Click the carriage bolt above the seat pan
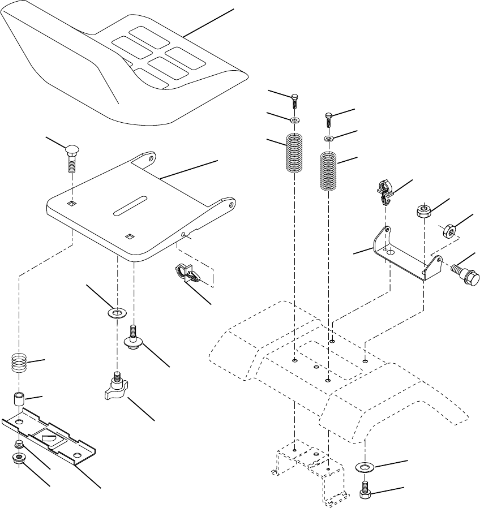(x=72, y=156)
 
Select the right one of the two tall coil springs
(x=329, y=170)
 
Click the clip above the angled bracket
(x=385, y=191)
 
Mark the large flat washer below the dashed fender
(x=365, y=467)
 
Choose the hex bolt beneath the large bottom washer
(x=365, y=490)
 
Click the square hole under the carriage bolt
(x=72, y=203)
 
